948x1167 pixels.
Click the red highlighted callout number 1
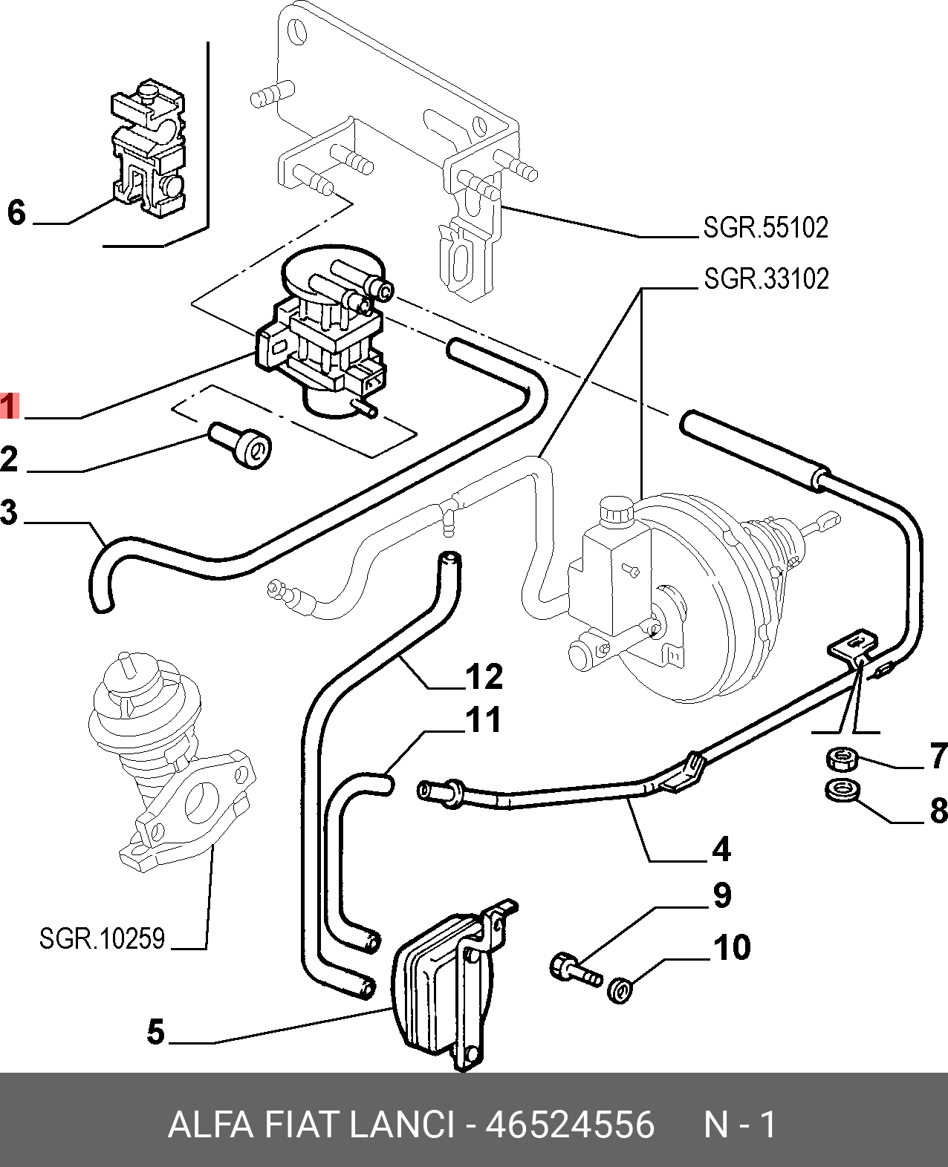8,406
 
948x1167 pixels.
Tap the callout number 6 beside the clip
16,213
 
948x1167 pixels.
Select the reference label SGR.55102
765,227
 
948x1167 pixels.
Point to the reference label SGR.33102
765,278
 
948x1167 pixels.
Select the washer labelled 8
843,791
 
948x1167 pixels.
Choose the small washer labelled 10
619,990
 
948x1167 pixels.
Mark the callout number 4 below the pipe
721,849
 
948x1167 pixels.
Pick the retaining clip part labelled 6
149,156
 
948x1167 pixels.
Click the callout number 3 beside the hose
9,512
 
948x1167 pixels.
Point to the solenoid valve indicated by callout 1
319,334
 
